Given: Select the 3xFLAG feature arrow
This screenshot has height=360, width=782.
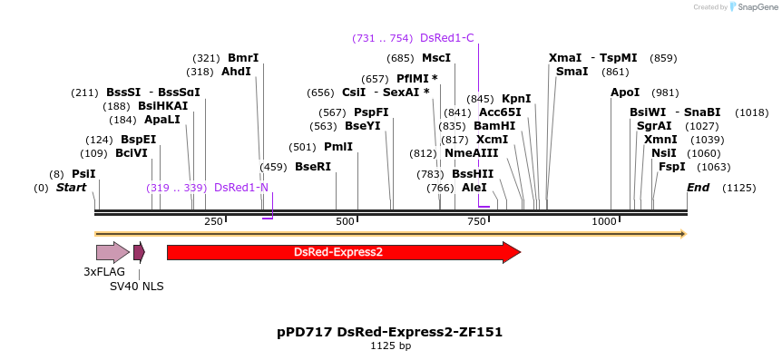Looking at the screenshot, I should tap(112, 253).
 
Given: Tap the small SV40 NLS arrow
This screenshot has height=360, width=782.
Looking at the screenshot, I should tap(139, 252).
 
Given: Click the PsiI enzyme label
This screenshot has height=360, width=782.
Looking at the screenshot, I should tap(83, 174).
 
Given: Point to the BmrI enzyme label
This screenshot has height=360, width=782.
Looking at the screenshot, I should tap(243, 58).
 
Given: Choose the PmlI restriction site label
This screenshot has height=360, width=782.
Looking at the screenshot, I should tap(338, 147).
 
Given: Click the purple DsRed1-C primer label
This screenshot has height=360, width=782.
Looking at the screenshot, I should tap(446, 38).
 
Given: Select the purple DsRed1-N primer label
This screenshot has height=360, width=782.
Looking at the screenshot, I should tap(240, 188).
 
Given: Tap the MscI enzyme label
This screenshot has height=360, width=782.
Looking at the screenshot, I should tap(436, 58).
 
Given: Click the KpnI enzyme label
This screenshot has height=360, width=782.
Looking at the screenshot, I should tap(516, 99).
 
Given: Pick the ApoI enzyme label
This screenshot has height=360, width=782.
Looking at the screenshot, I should tap(625, 92).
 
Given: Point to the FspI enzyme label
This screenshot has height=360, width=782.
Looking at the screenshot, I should tap(671, 167).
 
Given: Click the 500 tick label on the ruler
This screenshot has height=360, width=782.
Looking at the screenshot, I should tap(346, 221).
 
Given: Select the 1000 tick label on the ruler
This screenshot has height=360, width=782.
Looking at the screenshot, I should tap(604, 221).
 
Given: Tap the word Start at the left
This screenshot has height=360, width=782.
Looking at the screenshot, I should tap(71, 188).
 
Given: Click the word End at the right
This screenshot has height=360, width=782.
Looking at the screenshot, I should tap(698, 188).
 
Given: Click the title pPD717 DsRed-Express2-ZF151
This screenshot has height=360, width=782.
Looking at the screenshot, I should tap(390, 332).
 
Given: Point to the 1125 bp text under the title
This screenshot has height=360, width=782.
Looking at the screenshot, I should tap(390, 346).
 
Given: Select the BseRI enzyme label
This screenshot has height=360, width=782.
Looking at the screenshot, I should tap(312, 167).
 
